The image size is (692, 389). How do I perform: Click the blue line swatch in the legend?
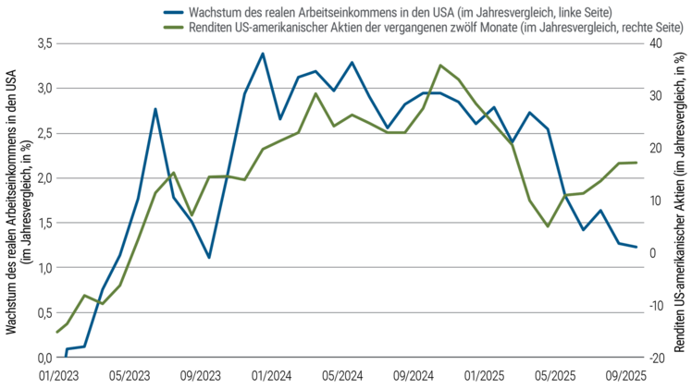click(x=172, y=13)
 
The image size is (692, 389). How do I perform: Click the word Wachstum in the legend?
click(x=211, y=13)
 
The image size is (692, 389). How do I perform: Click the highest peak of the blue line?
click(x=263, y=54)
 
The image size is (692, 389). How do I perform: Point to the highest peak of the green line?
click(x=440, y=65)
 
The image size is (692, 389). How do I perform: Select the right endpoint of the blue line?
click(x=637, y=247)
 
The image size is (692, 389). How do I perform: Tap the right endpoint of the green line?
click(x=637, y=162)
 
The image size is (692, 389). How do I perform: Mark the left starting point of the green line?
click(x=57, y=333)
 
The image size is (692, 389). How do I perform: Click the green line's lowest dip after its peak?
click(x=549, y=226)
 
